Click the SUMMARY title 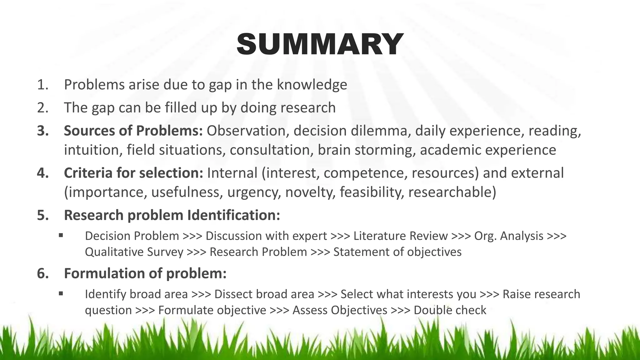[x=320, y=44]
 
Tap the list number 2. [x=42, y=108]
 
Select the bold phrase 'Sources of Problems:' [x=133, y=131]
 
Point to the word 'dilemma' [x=381, y=131]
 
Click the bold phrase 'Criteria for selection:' [x=134, y=173]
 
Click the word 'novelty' [x=310, y=192]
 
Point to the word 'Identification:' [x=234, y=215]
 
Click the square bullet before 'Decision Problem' [x=61, y=235]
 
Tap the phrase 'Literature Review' [x=401, y=236]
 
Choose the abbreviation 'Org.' [x=485, y=236]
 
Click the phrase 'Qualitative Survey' [x=134, y=252]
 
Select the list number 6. [x=43, y=273]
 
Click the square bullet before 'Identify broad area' [x=61, y=293]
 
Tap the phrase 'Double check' [x=450, y=310]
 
